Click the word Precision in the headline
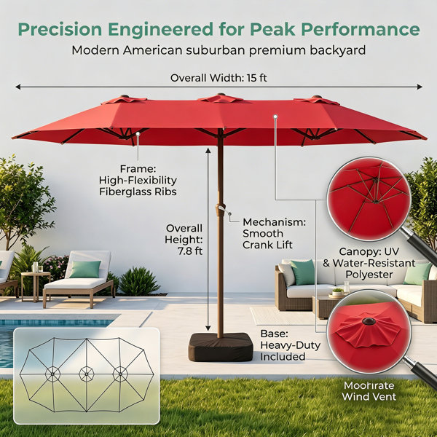(x=60, y=30)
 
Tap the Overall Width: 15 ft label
(x=219, y=78)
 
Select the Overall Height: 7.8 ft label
(x=184, y=240)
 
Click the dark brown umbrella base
(x=221, y=347)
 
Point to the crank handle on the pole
(x=221, y=208)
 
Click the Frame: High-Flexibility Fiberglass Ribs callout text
(x=138, y=181)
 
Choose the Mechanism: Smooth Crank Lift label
(x=274, y=234)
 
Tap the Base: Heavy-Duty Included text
(x=290, y=345)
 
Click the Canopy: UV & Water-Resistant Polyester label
(x=369, y=263)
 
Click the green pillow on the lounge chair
(x=85, y=269)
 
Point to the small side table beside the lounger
(x=36, y=286)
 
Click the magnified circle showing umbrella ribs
(x=369, y=199)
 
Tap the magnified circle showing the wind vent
(x=369, y=331)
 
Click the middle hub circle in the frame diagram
(x=87, y=374)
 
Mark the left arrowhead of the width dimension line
(x=17, y=87)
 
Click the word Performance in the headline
(x=361, y=30)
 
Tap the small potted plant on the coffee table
(x=338, y=292)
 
